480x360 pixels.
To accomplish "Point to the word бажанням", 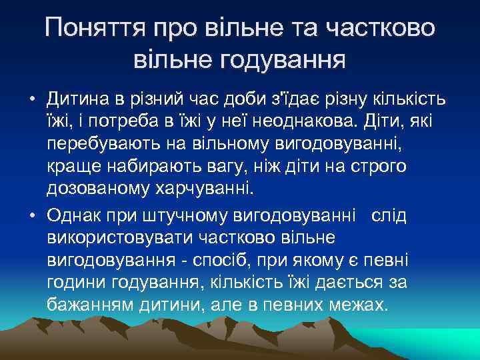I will tap(93, 305).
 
